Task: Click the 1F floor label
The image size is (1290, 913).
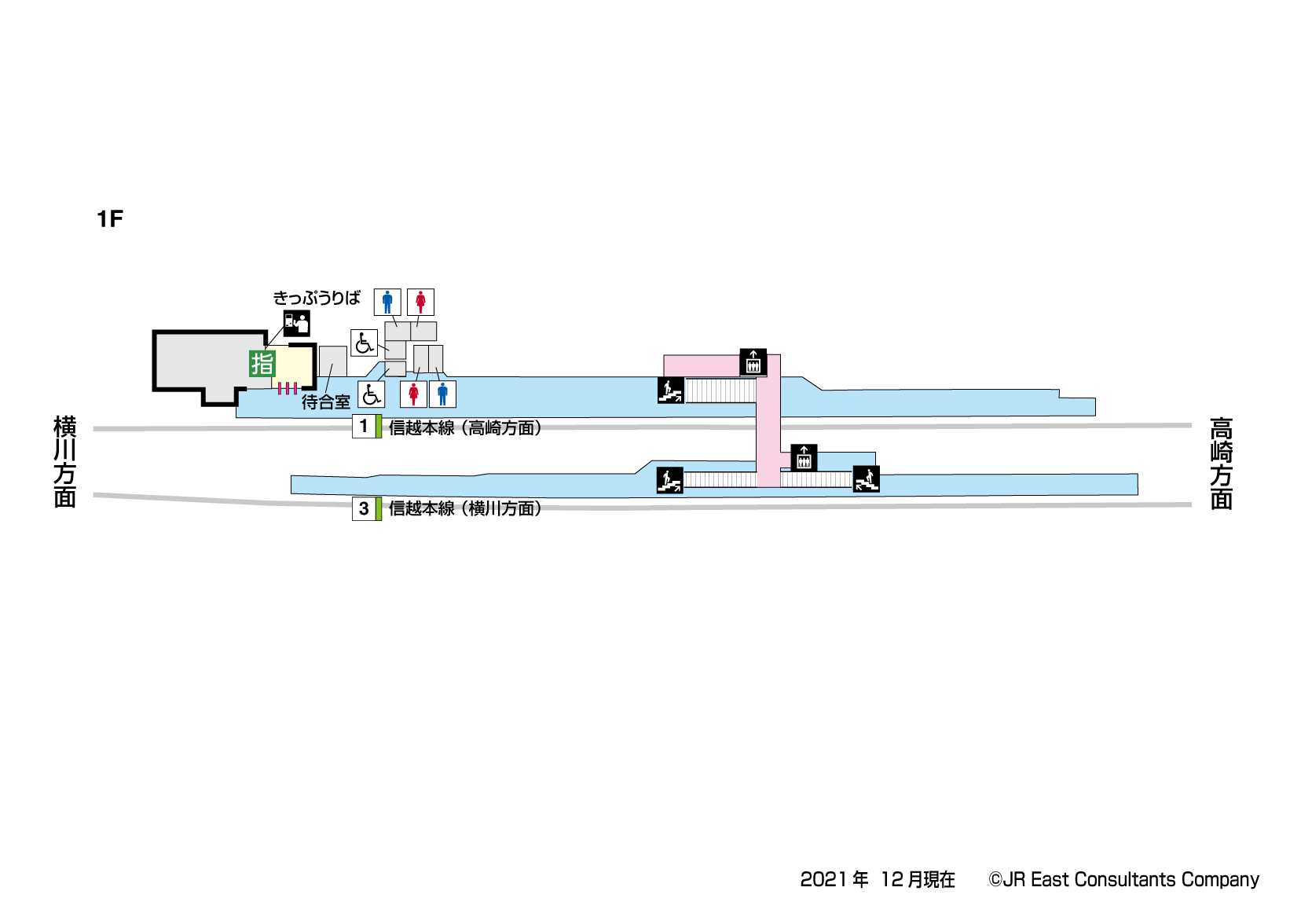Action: click(110, 218)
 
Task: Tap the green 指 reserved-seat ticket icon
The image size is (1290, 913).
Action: click(262, 364)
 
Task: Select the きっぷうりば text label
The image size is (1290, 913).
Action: click(317, 298)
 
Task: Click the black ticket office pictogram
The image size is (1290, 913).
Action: click(297, 323)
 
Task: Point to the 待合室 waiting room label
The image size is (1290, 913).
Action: click(325, 402)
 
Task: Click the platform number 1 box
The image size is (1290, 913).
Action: click(364, 426)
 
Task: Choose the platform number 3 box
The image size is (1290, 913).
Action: click(364, 508)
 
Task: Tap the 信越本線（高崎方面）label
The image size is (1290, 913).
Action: click(465, 427)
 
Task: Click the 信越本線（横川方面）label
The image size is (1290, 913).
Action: click(465, 508)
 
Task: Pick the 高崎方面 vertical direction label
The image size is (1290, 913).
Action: click(1221, 464)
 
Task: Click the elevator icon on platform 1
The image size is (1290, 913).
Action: click(753, 362)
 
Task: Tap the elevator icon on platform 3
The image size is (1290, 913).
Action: click(804, 458)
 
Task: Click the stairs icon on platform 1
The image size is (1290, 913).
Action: click(670, 390)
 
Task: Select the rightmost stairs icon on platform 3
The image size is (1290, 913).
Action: click(866, 478)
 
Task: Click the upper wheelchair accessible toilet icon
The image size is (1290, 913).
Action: click(364, 343)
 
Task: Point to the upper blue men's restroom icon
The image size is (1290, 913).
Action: click(387, 302)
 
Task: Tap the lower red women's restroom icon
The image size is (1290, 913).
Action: click(413, 394)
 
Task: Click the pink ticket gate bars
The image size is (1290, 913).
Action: click(287, 388)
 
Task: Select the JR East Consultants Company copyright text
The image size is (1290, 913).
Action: click(1123, 879)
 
